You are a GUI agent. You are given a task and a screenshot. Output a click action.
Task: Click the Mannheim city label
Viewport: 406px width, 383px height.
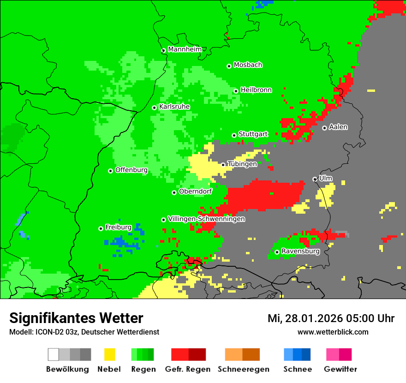pyautogui.click(x=185, y=49)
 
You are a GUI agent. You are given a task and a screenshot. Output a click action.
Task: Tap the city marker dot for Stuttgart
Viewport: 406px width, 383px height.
pyautogui.click(x=234, y=135)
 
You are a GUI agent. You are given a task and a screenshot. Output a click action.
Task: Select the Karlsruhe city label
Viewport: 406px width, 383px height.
pyautogui.click(x=174, y=107)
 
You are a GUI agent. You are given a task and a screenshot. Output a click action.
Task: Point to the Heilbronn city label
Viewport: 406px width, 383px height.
pyautogui.click(x=256, y=90)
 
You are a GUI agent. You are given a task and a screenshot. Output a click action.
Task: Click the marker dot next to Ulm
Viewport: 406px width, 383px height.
pyautogui.click(x=315, y=179)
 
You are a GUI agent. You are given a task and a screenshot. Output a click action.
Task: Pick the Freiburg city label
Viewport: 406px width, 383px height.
pyautogui.click(x=118, y=227)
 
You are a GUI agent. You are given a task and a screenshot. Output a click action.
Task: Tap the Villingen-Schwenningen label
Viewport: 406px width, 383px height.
pyautogui.click(x=206, y=219)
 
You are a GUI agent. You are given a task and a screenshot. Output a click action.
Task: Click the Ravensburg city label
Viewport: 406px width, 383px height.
pyautogui.click(x=300, y=251)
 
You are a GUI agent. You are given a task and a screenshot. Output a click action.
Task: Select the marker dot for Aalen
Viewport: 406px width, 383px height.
pyautogui.click(x=324, y=128)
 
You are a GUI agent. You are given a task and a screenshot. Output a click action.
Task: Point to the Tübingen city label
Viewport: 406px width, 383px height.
pyautogui.click(x=242, y=164)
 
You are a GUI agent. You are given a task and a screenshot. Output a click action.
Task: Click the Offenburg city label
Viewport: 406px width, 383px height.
pyautogui.click(x=131, y=170)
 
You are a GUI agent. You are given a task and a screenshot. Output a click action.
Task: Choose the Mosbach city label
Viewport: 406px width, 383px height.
pyautogui.click(x=248, y=65)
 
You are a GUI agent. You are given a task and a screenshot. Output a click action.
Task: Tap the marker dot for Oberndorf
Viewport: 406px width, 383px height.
pyautogui.click(x=174, y=192)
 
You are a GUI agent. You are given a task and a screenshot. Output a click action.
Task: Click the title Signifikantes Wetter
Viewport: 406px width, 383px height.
pyautogui.click(x=76, y=318)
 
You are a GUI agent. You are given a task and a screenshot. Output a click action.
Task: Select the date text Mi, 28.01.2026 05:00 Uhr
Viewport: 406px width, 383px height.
pyautogui.click(x=331, y=318)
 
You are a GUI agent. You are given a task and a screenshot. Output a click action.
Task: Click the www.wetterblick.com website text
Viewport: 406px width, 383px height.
pyautogui.click(x=333, y=332)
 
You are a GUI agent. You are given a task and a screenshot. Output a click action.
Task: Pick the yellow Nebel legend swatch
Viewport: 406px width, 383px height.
pyautogui.click(x=109, y=354)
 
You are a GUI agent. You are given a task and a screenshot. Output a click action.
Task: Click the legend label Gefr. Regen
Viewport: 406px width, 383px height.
pyautogui.click(x=188, y=369)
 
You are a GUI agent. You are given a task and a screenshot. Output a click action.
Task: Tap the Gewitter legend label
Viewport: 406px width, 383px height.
pyautogui.click(x=340, y=369)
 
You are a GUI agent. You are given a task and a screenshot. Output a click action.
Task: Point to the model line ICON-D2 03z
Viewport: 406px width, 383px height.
pyautogui.click(x=84, y=332)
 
